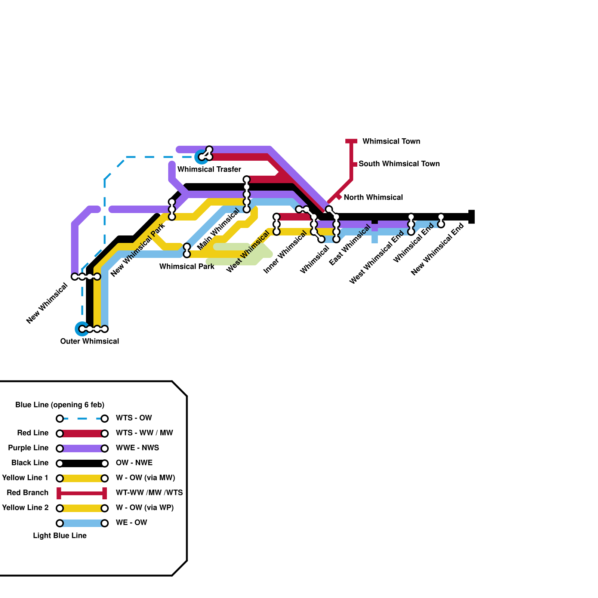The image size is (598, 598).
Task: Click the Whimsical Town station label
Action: pyautogui.click(x=391, y=141)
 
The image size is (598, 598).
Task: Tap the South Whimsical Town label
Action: pyautogui.click(x=399, y=164)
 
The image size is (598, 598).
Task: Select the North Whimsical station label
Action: pyautogui.click(x=373, y=197)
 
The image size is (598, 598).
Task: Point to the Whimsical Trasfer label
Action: pyautogui.click(x=209, y=169)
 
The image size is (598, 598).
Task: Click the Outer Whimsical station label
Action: pyautogui.click(x=89, y=341)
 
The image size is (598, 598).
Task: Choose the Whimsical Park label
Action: pyautogui.click(x=187, y=266)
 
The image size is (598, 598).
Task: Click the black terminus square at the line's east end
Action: pyautogui.click(x=472, y=217)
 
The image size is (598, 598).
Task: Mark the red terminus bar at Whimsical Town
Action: pyautogui.click(x=351, y=141)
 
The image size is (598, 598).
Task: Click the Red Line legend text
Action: pyautogui.click(x=33, y=433)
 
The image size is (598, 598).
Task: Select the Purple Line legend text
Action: pyautogui.click(x=28, y=448)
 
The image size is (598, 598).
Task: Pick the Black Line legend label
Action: pyautogui.click(x=30, y=463)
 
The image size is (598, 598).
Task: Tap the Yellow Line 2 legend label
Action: pyautogui.click(x=25, y=508)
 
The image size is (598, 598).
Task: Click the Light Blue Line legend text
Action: pyautogui.click(x=60, y=536)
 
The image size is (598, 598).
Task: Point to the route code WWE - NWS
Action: pyautogui.click(x=137, y=448)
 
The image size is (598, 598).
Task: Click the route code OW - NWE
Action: pyautogui.click(x=134, y=463)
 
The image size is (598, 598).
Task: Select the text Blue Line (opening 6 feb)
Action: pyautogui.click(x=60, y=405)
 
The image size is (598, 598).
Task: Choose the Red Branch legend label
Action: pyautogui.click(x=28, y=493)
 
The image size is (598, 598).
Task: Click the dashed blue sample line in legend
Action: pyautogui.click(x=82, y=419)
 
